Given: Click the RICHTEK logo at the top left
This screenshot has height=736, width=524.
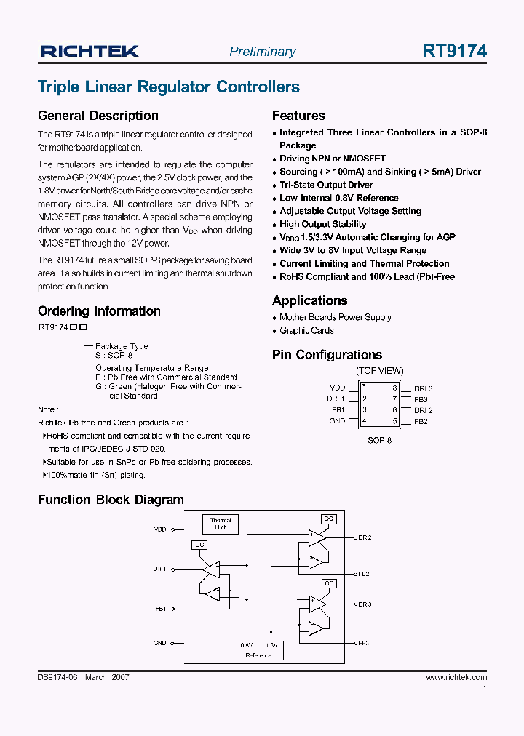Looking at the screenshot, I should pyautogui.click(x=90, y=51).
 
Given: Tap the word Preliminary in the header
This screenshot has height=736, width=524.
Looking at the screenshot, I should pyautogui.click(x=262, y=52).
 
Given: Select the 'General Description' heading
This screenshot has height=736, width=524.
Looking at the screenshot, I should pyautogui.click(x=98, y=116).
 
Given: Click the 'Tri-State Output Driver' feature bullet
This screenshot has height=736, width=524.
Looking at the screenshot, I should pyautogui.click(x=326, y=185).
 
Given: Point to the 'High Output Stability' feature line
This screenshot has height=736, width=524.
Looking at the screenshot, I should pyautogui.click(x=322, y=224).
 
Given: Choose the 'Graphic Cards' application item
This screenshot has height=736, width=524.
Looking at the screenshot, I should pyautogui.click(x=306, y=330).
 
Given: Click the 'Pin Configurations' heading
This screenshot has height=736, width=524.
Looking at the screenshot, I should pyautogui.click(x=327, y=355).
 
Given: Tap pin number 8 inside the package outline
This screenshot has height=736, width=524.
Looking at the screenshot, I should pyautogui.click(x=395, y=388).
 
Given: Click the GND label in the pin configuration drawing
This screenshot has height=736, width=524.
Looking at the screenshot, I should pyautogui.click(x=337, y=421).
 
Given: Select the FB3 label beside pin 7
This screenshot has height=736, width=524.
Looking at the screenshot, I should pyautogui.click(x=421, y=399).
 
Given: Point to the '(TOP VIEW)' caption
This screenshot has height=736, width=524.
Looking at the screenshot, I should pyautogui.click(x=379, y=371).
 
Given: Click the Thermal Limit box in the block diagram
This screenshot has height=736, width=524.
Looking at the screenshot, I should pyautogui.click(x=221, y=524).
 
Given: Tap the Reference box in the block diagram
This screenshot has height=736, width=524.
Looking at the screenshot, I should pyautogui.click(x=258, y=650).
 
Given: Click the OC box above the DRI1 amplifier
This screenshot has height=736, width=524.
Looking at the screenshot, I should pyautogui.click(x=200, y=545).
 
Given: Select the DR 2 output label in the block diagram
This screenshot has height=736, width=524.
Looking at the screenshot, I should pyautogui.click(x=365, y=537).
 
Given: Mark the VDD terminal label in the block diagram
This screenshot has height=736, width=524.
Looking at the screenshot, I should pyautogui.click(x=160, y=529).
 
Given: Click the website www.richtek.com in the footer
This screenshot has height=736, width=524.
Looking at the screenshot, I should pyautogui.click(x=456, y=677).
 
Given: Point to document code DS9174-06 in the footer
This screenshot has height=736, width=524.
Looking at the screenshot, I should pyautogui.click(x=57, y=677).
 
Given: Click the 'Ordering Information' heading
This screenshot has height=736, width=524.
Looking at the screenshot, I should pyautogui.click(x=99, y=311).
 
